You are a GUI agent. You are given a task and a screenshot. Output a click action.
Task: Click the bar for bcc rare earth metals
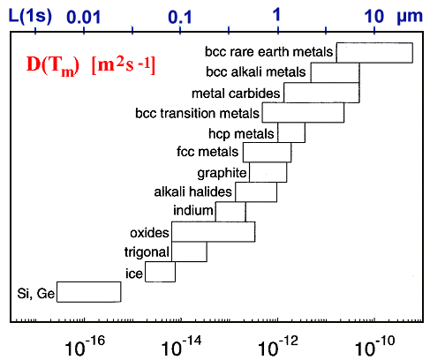(373, 52)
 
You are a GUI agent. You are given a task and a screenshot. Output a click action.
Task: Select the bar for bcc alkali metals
(334, 72)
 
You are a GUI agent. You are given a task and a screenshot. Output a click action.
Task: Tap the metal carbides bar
(321, 93)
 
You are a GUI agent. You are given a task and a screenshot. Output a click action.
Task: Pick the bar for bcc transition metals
(302, 113)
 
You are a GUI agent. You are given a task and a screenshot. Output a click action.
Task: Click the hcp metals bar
(290, 132)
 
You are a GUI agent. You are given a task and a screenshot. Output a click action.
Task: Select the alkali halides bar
(255, 191)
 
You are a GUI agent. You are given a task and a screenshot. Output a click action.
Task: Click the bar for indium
(230, 212)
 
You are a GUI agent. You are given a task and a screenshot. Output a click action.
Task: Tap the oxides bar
(213, 232)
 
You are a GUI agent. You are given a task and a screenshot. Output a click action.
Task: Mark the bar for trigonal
(189, 252)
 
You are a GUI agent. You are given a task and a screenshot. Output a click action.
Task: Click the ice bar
(160, 272)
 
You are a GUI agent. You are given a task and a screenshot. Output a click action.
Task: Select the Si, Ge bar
(88, 292)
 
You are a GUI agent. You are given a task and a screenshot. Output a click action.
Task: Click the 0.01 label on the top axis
(83, 16)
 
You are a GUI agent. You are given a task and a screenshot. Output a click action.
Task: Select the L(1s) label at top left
(30, 15)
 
